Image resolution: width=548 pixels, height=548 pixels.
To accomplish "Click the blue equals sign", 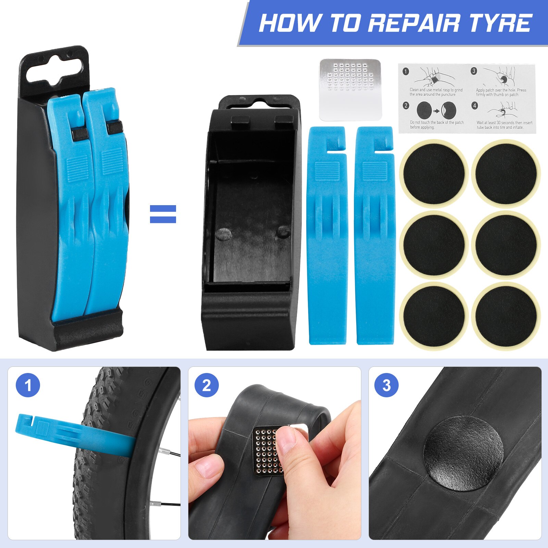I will coord(163,214).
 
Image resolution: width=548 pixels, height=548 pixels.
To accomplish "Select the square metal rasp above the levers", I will coord(350,89).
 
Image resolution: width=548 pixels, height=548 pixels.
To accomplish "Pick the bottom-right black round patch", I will coord(506,316).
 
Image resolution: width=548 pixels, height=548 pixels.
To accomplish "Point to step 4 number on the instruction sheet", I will coord(475,105).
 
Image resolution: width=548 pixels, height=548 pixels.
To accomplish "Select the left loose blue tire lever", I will coord(327,236).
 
